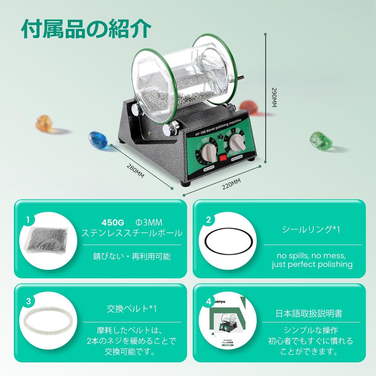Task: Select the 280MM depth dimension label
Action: pos(135,171)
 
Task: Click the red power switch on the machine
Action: pos(223,158)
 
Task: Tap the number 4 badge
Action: pos(209,301)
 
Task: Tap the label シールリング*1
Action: pos(311,229)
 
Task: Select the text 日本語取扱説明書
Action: pos(309,314)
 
